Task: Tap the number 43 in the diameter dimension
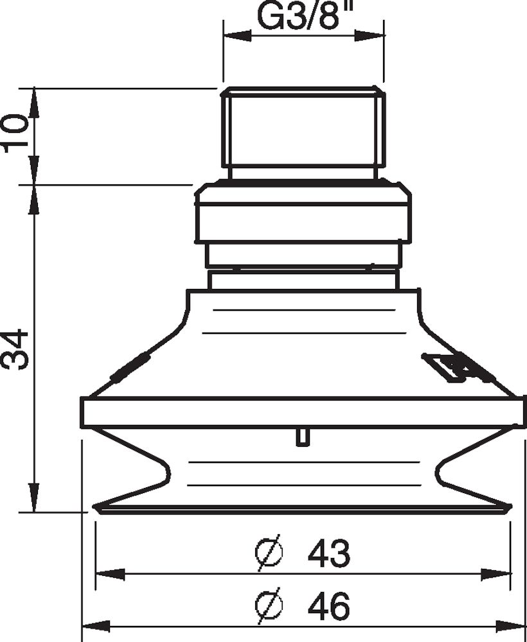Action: click(x=328, y=553)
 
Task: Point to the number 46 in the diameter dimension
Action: click(x=328, y=605)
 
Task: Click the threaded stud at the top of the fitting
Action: click(x=303, y=128)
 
